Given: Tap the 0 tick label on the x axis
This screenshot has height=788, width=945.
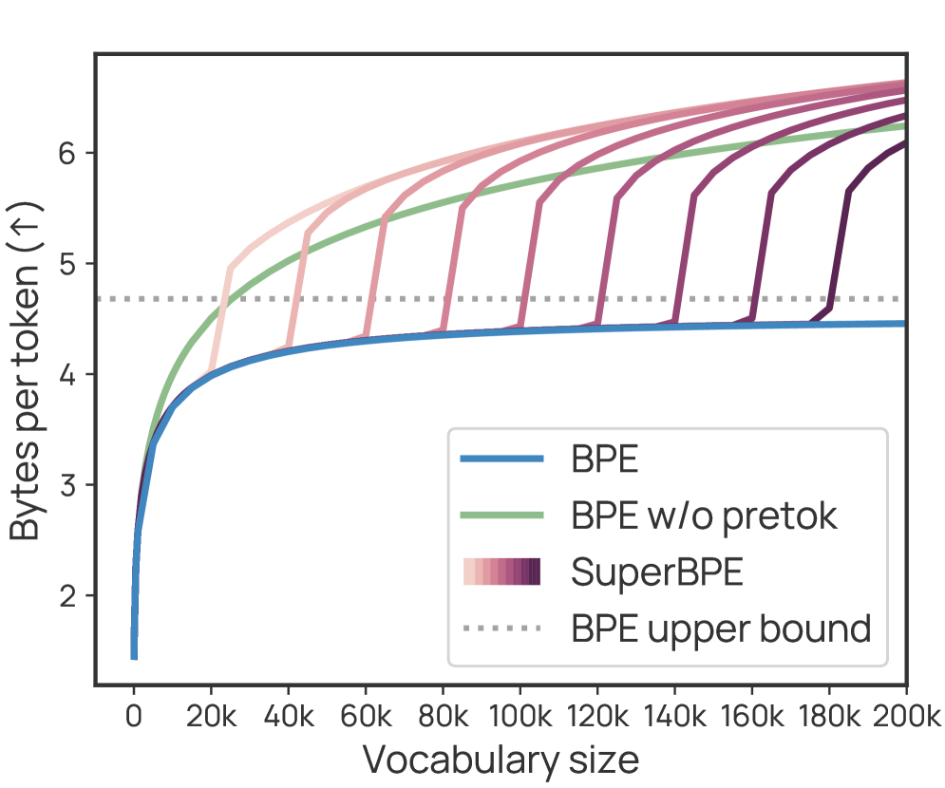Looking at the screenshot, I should click(x=134, y=717).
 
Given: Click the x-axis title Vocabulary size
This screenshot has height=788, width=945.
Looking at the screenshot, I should click(x=501, y=760).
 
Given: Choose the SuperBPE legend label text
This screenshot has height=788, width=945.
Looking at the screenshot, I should click(x=656, y=572).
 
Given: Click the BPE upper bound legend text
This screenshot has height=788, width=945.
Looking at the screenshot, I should click(x=721, y=628).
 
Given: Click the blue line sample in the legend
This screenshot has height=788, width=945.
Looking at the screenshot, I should click(x=501, y=460).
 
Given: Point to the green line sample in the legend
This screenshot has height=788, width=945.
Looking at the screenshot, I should click(x=501, y=516).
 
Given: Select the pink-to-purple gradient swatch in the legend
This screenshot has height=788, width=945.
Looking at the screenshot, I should click(x=501, y=572).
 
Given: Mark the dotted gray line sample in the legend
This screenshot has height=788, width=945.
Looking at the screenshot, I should click(x=501, y=628).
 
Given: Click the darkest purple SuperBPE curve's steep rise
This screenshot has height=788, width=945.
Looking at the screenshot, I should click(x=841, y=247).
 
